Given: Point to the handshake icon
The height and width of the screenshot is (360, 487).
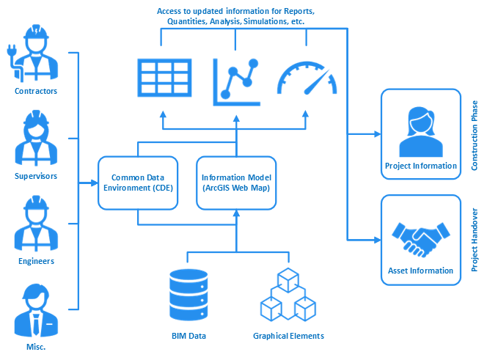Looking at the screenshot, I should click(421, 237).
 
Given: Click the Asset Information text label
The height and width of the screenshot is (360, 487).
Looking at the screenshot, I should click(420, 271).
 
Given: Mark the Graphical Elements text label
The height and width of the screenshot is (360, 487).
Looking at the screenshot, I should click(288, 337).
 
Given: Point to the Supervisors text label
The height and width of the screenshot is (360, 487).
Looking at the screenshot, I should click(36, 176).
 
